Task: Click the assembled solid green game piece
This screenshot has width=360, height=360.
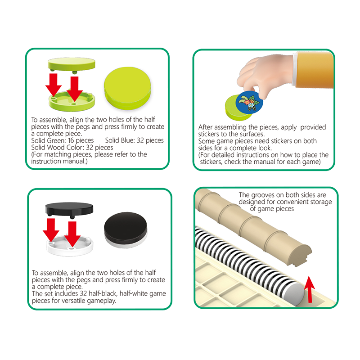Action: (127, 88)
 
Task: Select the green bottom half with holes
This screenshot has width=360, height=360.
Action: (72, 101)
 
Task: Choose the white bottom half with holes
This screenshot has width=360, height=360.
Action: (70, 246)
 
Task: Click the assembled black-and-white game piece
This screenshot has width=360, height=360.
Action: (126, 230)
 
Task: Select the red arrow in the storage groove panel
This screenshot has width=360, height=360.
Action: (310, 289)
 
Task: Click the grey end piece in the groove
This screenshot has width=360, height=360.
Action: (294, 294)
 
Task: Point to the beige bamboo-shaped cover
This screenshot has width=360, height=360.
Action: (252, 227)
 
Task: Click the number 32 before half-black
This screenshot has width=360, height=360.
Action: (83, 294)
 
